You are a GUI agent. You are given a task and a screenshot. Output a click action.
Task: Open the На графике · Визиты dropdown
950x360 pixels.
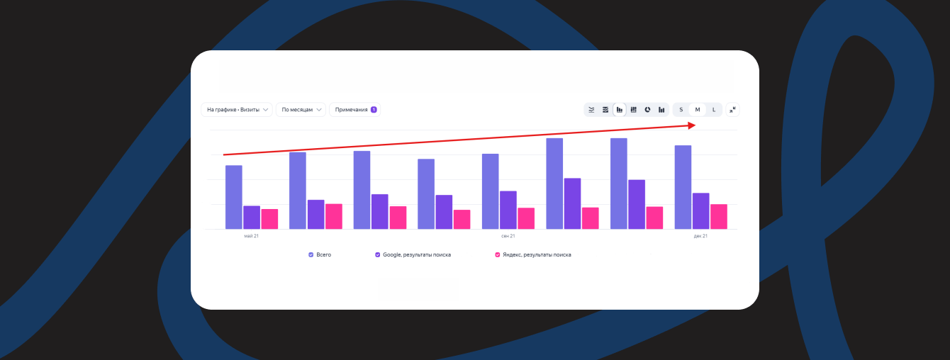[237, 110]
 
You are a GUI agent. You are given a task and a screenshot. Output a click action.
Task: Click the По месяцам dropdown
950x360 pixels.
[301, 110]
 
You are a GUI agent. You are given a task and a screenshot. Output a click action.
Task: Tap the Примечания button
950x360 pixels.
[354, 110]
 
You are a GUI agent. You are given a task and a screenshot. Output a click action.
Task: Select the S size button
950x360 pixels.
[681, 110]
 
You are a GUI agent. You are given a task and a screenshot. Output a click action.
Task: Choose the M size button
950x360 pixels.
[698, 110]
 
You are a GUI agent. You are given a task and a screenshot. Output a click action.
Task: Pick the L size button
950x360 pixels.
[714, 110]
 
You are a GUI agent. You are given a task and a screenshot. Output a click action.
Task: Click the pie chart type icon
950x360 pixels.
[647, 110]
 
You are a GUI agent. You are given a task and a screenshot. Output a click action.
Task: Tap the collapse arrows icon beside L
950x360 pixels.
[732, 110]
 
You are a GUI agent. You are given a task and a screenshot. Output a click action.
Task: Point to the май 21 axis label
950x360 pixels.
[251, 236]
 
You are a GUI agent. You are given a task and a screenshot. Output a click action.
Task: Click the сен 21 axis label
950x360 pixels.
[508, 236]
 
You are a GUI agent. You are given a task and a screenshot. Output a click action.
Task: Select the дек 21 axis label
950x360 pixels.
[700, 236]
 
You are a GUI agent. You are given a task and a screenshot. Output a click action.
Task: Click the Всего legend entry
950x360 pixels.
[320, 254]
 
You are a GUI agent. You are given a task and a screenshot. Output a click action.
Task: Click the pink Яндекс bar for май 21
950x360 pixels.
[269, 219]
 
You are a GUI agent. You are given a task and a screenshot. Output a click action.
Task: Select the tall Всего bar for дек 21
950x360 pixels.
[683, 187]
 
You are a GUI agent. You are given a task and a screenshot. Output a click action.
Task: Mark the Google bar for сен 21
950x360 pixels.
[508, 210]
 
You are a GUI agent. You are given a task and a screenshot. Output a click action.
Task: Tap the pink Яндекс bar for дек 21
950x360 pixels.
[719, 216]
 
